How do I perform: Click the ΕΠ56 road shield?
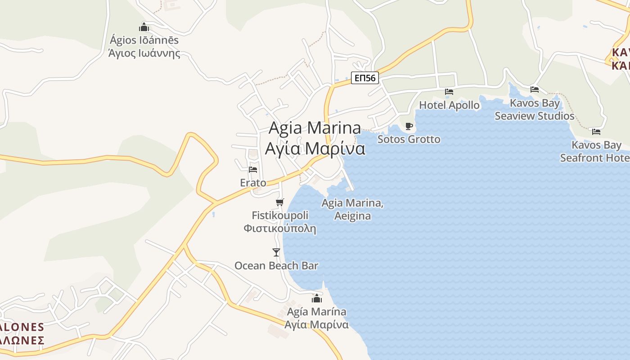(364, 78)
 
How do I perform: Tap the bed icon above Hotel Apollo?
(449, 92)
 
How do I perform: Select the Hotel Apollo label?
(449, 105)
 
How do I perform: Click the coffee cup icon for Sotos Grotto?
(409, 126)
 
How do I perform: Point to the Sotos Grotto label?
(409, 139)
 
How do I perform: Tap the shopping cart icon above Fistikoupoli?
(280, 202)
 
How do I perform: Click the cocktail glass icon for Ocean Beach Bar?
(276, 252)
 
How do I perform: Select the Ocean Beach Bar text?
(276, 265)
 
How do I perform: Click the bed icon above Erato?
(253, 170)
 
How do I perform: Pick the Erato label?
(253, 183)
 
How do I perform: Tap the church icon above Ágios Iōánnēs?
(144, 27)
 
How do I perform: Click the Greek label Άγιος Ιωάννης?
(144, 54)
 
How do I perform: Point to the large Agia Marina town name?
(315, 128)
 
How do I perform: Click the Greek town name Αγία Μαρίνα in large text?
(315, 148)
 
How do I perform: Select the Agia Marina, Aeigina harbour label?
(352, 209)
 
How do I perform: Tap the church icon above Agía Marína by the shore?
(317, 298)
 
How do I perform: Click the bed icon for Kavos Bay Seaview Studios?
(535, 90)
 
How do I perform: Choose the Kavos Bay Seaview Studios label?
(535, 109)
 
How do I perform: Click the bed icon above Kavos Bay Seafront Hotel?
(596, 132)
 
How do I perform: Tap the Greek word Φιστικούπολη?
(279, 228)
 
